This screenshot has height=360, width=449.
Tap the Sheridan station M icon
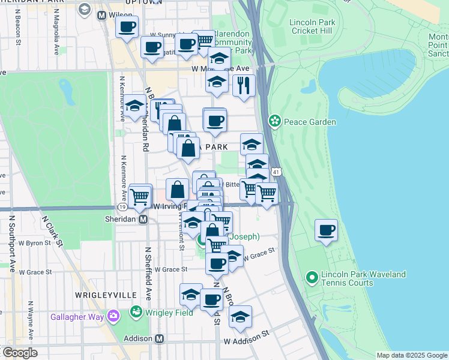[x=143, y=219]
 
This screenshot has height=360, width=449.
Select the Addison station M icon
[x=160, y=338]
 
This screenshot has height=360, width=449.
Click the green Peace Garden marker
[x=275, y=121]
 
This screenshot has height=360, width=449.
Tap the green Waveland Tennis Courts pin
[x=312, y=278]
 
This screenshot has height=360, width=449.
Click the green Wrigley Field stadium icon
[x=136, y=312]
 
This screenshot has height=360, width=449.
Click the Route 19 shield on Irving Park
[x=121, y=206]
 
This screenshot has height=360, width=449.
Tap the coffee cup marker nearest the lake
[x=326, y=230]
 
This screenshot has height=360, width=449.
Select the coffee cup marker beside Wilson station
[x=127, y=26]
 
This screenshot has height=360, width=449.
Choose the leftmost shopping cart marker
[x=140, y=195]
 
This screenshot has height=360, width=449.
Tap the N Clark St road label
[x=51, y=231]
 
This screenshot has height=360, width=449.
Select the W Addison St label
[x=244, y=341]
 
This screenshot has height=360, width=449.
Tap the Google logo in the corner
[x=19, y=353]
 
